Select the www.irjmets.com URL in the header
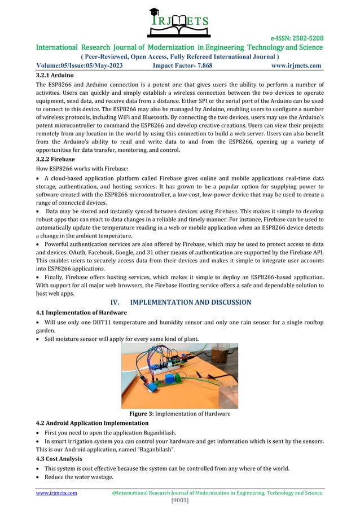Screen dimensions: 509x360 point(296,65)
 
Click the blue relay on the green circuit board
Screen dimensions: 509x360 point(169,377)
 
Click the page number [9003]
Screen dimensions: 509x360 point(179,501)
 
